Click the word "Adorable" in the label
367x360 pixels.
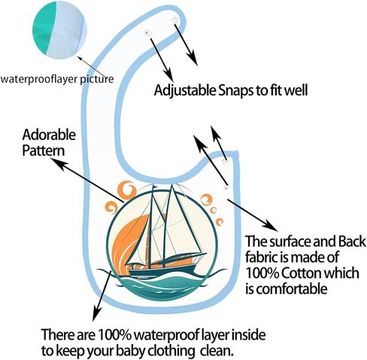click(49, 135)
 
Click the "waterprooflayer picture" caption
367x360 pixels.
click(56, 79)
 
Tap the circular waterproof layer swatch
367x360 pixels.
click(59, 30)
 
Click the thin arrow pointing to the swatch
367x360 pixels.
click(94, 66)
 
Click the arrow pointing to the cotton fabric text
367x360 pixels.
click(252, 215)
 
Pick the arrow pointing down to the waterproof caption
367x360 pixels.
click(102, 295)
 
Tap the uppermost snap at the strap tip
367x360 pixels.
click(174, 20)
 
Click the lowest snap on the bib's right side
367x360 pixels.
click(226, 187)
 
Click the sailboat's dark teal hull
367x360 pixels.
click(162, 271)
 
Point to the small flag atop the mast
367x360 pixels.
click(156, 186)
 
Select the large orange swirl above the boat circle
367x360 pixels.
click(127, 191)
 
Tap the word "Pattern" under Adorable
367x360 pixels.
click(44, 151)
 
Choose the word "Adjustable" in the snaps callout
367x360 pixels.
click(185, 91)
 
